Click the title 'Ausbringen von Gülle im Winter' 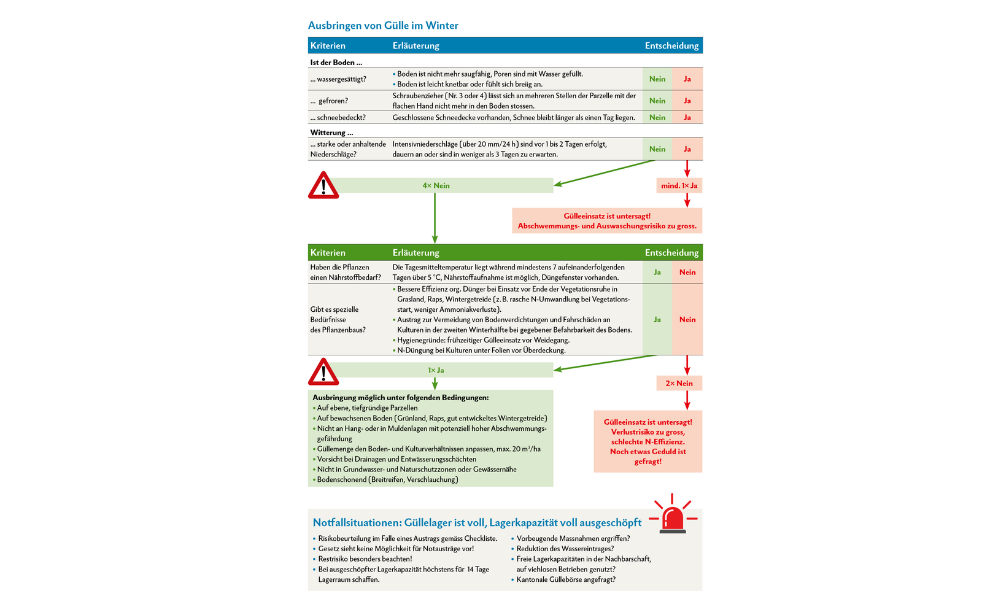pyautogui.click(x=383, y=26)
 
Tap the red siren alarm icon pyautogui.click(x=673, y=515)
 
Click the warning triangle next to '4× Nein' pyautogui.click(x=323, y=185)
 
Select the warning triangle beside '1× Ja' pyautogui.click(x=323, y=371)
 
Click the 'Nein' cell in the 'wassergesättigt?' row pyautogui.click(x=657, y=79)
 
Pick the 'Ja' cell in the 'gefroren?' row pyautogui.click(x=687, y=101)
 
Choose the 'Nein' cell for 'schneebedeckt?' pyautogui.click(x=657, y=117)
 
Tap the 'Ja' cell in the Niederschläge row pyautogui.click(x=687, y=149)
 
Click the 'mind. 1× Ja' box pyautogui.click(x=679, y=185)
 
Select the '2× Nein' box pyautogui.click(x=679, y=383)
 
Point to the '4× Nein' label pyautogui.click(x=436, y=185)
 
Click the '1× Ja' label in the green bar pyautogui.click(x=436, y=370)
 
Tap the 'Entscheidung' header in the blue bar pyautogui.click(x=671, y=45)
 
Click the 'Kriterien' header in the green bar pyautogui.click(x=328, y=252)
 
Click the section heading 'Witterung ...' pyautogui.click(x=331, y=133)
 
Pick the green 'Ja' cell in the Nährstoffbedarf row pyautogui.click(x=657, y=272)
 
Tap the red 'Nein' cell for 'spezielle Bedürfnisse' pyautogui.click(x=687, y=319)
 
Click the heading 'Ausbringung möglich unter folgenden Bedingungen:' pyautogui.click(x=401, y=397)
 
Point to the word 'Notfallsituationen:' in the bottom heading pyautogui.click(x=357, y=522)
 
